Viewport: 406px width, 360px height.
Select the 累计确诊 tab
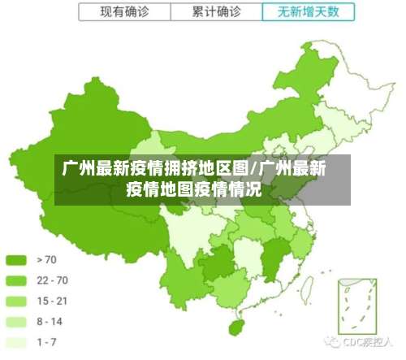(216, 12)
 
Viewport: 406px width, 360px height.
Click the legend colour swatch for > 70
(17, 260)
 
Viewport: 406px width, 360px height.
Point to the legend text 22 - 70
(52, 280)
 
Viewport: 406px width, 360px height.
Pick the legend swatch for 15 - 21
(17, 301)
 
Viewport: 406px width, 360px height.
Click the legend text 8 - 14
(50, 321)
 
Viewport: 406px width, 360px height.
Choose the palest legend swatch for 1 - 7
(17, 341)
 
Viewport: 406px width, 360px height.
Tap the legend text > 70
(48, 260)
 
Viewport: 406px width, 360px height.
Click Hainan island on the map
(236, 326)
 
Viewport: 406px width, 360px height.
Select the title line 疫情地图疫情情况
(193, 191)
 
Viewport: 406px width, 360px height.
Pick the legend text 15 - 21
(52, 301)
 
